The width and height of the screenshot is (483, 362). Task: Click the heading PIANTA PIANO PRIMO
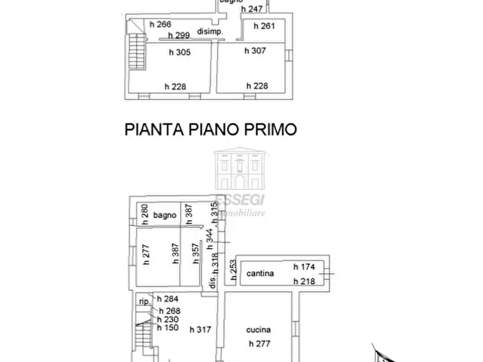211,130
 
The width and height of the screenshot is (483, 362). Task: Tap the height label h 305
182,52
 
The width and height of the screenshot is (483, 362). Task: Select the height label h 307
256,51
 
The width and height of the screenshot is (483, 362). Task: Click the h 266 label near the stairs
160,24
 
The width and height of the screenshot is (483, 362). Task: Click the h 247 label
252,9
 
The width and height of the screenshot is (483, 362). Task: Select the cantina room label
260,273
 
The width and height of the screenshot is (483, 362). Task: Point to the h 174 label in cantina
304,267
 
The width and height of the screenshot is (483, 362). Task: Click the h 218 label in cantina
304,281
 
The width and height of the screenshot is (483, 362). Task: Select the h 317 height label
200,330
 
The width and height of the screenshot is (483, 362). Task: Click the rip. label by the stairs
144,301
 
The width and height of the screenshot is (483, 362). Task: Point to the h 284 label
167,299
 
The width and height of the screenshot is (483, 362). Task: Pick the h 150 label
167,327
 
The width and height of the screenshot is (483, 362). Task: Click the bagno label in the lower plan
165,215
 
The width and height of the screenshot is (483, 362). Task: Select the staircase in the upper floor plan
137,49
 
